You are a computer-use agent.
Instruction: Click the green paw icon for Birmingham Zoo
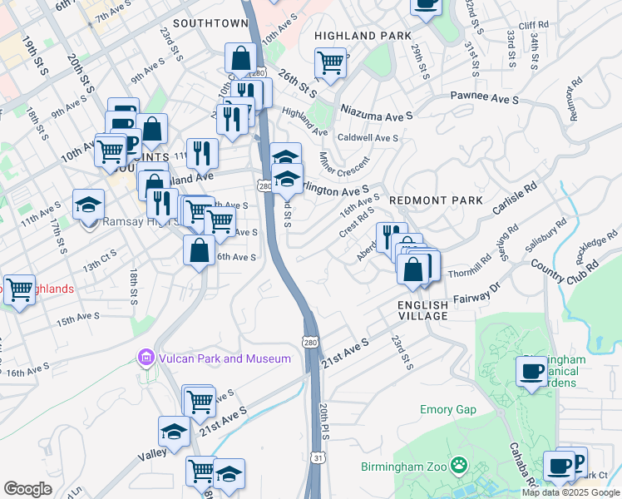coord(457,464)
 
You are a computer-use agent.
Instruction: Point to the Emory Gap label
coord(447,409)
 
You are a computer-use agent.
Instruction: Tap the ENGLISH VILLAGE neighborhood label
coord(428,311)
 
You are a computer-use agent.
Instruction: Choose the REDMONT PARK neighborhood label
coord(435,200)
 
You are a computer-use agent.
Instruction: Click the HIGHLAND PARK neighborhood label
coord(363,36)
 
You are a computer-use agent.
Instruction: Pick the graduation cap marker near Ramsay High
coord(88,204)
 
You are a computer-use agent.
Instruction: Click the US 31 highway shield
coord(319,458)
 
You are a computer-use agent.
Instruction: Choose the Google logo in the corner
coord(27,489)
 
